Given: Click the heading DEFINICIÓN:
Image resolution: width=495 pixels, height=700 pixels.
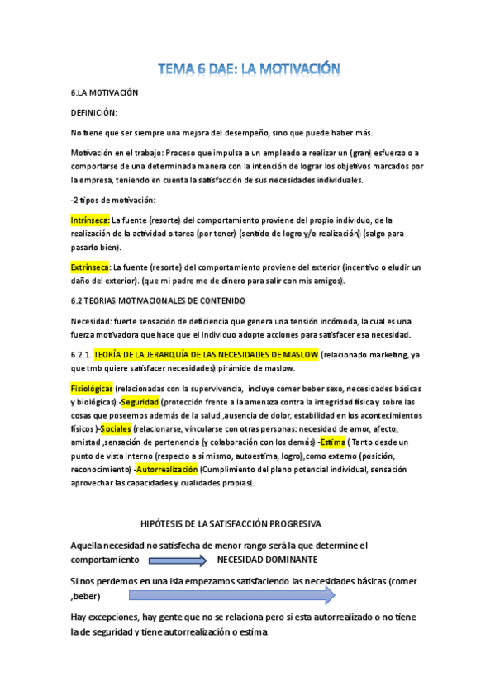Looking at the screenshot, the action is (93, 111).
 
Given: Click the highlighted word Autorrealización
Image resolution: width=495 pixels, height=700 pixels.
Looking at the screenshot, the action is (168, 470).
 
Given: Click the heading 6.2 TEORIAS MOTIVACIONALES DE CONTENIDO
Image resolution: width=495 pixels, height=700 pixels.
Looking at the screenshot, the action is (158, 300).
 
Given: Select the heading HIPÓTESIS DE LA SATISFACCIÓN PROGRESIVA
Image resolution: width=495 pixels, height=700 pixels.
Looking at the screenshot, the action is (232, 524).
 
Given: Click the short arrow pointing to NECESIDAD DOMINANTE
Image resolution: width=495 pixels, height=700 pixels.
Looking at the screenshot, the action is (178, 560).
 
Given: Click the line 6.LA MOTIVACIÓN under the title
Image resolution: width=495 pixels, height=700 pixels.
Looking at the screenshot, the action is (104, 93).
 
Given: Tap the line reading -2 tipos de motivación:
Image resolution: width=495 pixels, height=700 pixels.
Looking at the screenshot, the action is (113, 201).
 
